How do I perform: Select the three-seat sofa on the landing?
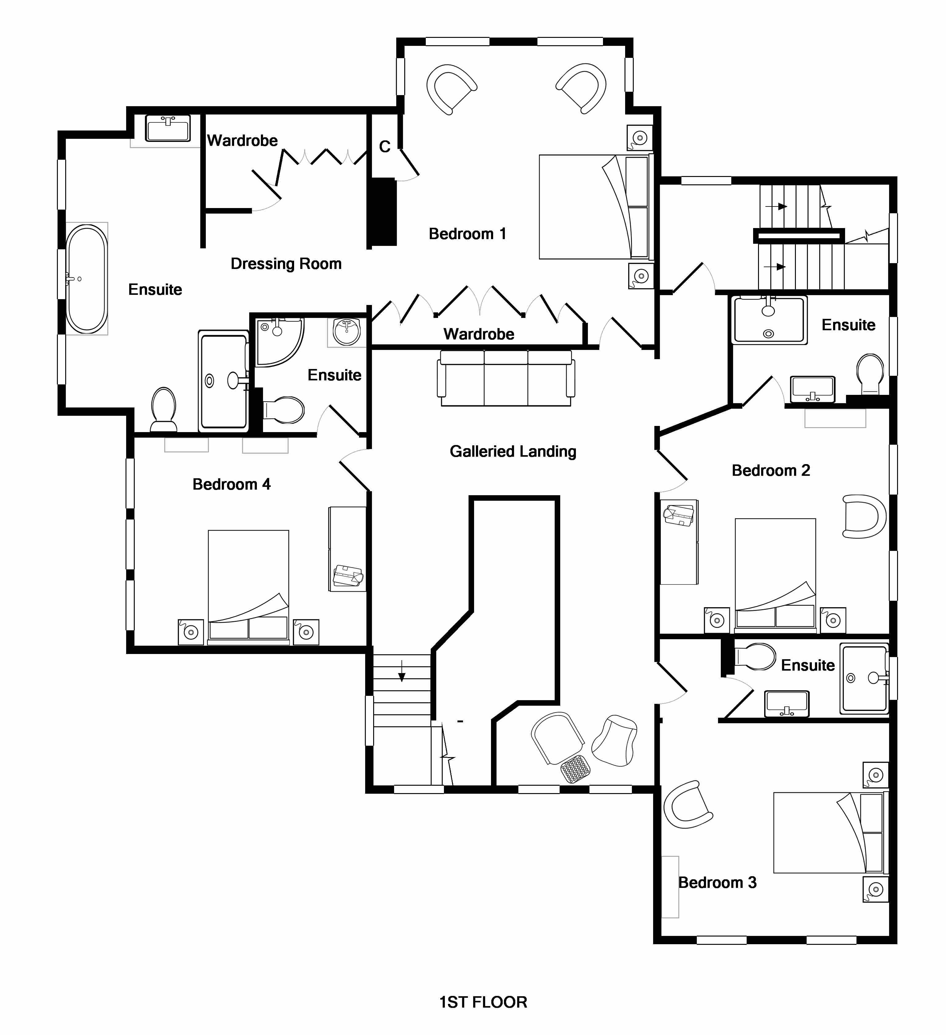(505, 378)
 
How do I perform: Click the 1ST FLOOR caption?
(483, 1002)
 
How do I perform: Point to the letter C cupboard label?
(385, 147)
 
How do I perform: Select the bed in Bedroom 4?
(249, 585)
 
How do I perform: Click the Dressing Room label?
(286, 263)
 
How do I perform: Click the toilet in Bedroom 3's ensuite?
(755, 656)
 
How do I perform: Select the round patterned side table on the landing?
(575, 768)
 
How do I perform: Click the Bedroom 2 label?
(770, 470)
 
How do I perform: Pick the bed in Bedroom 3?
(829, 832)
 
